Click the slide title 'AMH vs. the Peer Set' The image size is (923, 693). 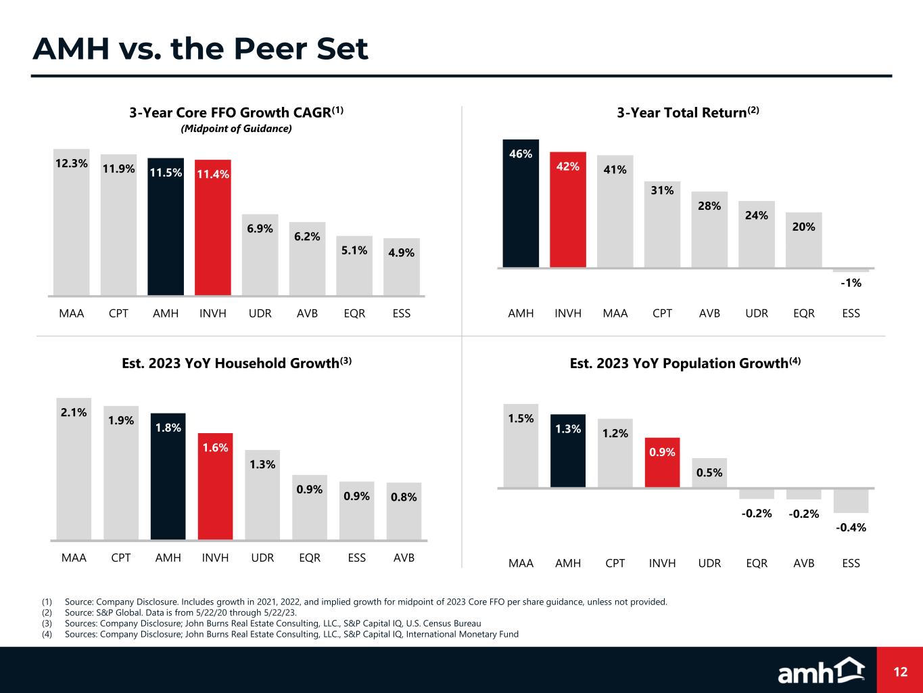[200, 49]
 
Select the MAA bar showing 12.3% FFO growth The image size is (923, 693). [72, 223]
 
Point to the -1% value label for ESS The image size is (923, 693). [851, 284]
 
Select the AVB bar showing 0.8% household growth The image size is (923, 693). [404, 512]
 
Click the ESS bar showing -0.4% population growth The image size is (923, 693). [851, 501]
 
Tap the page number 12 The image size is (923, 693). [900, 672]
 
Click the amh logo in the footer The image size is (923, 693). [821, 671]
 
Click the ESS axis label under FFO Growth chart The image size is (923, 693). [402, 313]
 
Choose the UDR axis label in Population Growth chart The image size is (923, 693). [709, 563]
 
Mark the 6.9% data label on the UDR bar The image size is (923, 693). [260, 229]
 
